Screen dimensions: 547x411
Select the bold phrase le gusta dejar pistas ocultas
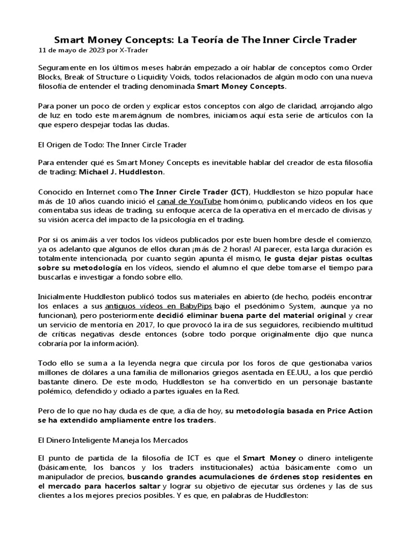318,259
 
